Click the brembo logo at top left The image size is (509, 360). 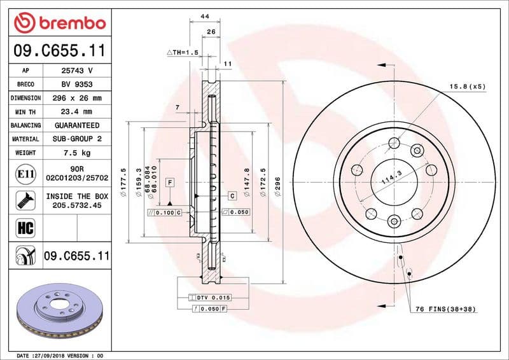click(59, 23)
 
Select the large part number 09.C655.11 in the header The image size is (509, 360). click(59, 50)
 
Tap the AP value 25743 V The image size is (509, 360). click(77, 71)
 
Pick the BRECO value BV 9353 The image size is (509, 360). click(77, 84)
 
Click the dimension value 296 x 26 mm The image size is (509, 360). click(77, 98)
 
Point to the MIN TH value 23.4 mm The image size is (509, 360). click(77, 111)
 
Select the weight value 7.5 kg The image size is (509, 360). click(77, 153)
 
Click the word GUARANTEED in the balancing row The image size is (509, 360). click(77, 125)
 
